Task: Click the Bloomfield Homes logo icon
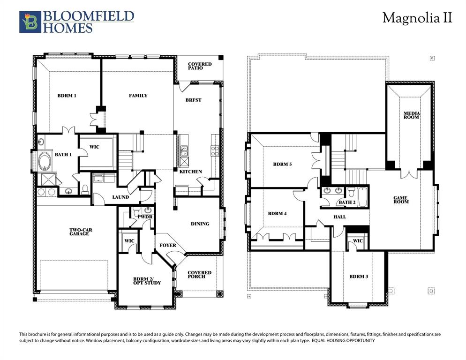tap(30, 22)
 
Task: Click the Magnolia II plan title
tap(417, 18)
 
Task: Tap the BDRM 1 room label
tap(67, 96)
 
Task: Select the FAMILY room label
tap(138, 96)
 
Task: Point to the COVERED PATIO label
tap(200, 66)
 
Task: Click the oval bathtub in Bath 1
tap(45, 161)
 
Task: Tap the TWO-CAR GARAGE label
tap(79, 232)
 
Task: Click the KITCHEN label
tap(191, 172)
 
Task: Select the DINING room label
tap(200, 224)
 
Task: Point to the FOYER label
tap(168, 245)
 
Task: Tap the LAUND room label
tap(120, 197)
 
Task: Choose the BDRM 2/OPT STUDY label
tap(147, 281)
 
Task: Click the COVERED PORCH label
tap(200, 275)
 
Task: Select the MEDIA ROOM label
tap(412, 115)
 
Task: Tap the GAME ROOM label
tap(401, 200)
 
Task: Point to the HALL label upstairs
tap(339, 217)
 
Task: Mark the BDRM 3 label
tap(359, 277)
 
